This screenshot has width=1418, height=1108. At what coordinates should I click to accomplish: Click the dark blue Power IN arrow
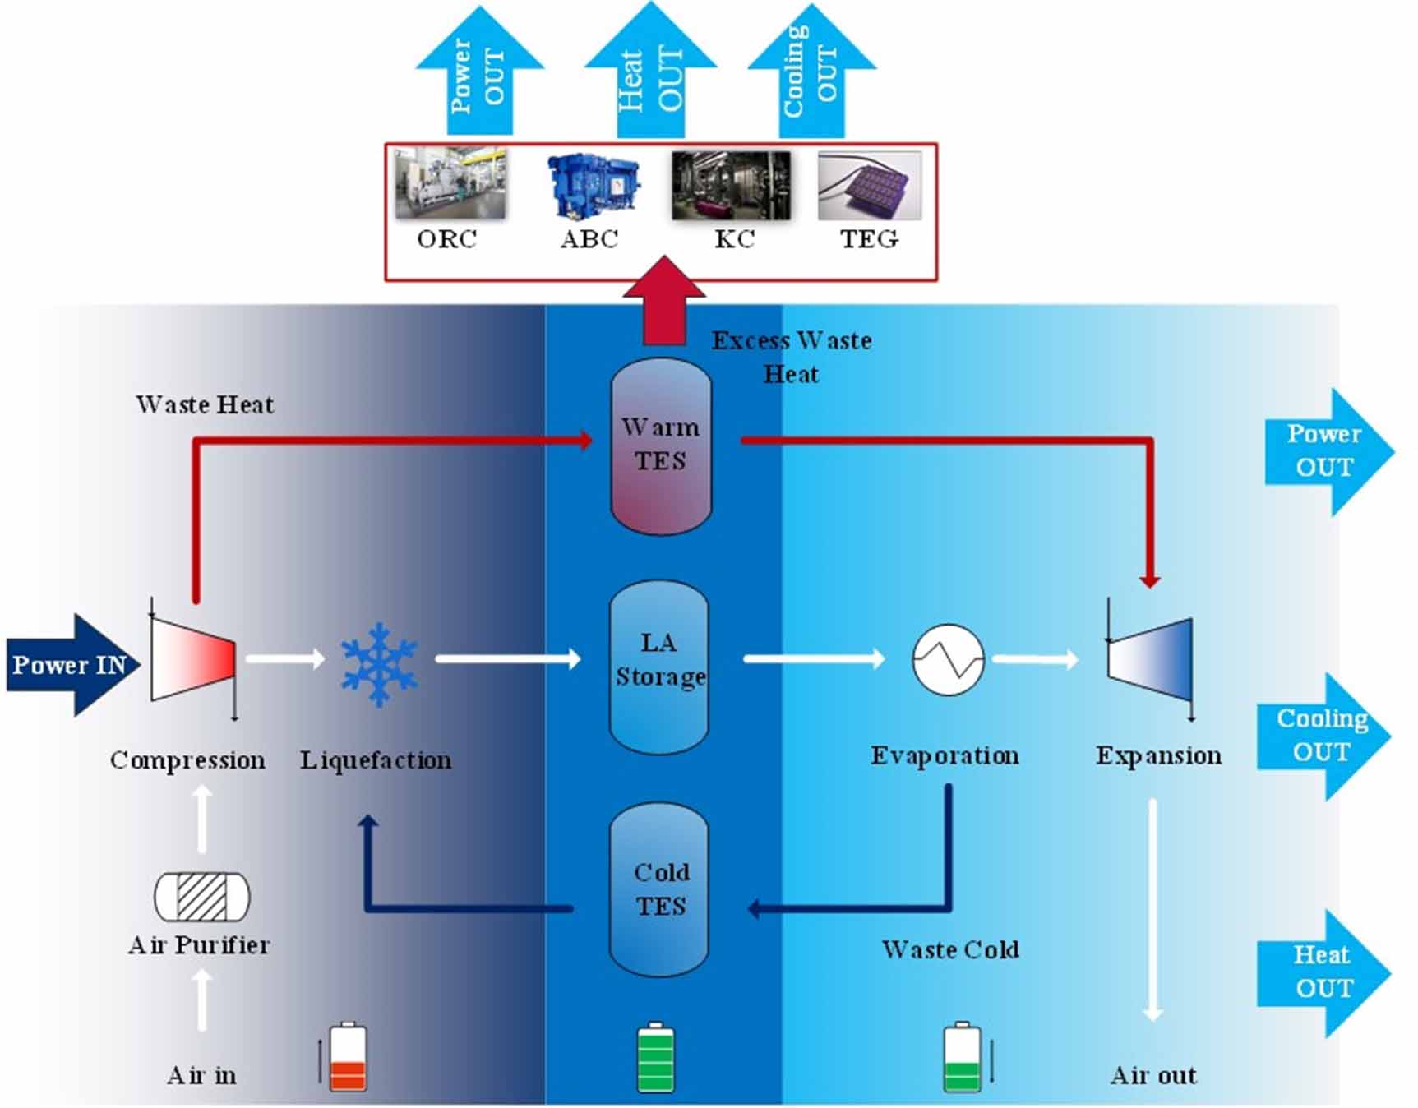tap(70, 664)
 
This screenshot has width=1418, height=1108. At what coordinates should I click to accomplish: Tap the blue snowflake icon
tap(379, 664)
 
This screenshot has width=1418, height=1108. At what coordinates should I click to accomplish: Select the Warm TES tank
tap(661, 446)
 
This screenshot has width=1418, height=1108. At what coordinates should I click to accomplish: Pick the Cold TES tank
tap(659, 890)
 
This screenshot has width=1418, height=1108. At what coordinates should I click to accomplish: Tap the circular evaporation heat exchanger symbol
tap(948, 659)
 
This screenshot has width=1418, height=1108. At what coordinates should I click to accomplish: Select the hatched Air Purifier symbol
tap(202, 897)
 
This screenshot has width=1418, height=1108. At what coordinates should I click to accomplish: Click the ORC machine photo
tap(450, 184)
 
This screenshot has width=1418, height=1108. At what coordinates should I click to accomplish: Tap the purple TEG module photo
tap(870, 186)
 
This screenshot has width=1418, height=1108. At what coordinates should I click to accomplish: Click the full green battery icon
tap(656, 1058)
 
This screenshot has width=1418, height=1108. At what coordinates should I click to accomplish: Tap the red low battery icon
tap(348, 1058)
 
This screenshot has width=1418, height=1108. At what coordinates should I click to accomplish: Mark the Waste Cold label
tap(950, 950)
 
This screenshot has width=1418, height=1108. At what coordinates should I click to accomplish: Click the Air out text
tap(1153, 1075)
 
